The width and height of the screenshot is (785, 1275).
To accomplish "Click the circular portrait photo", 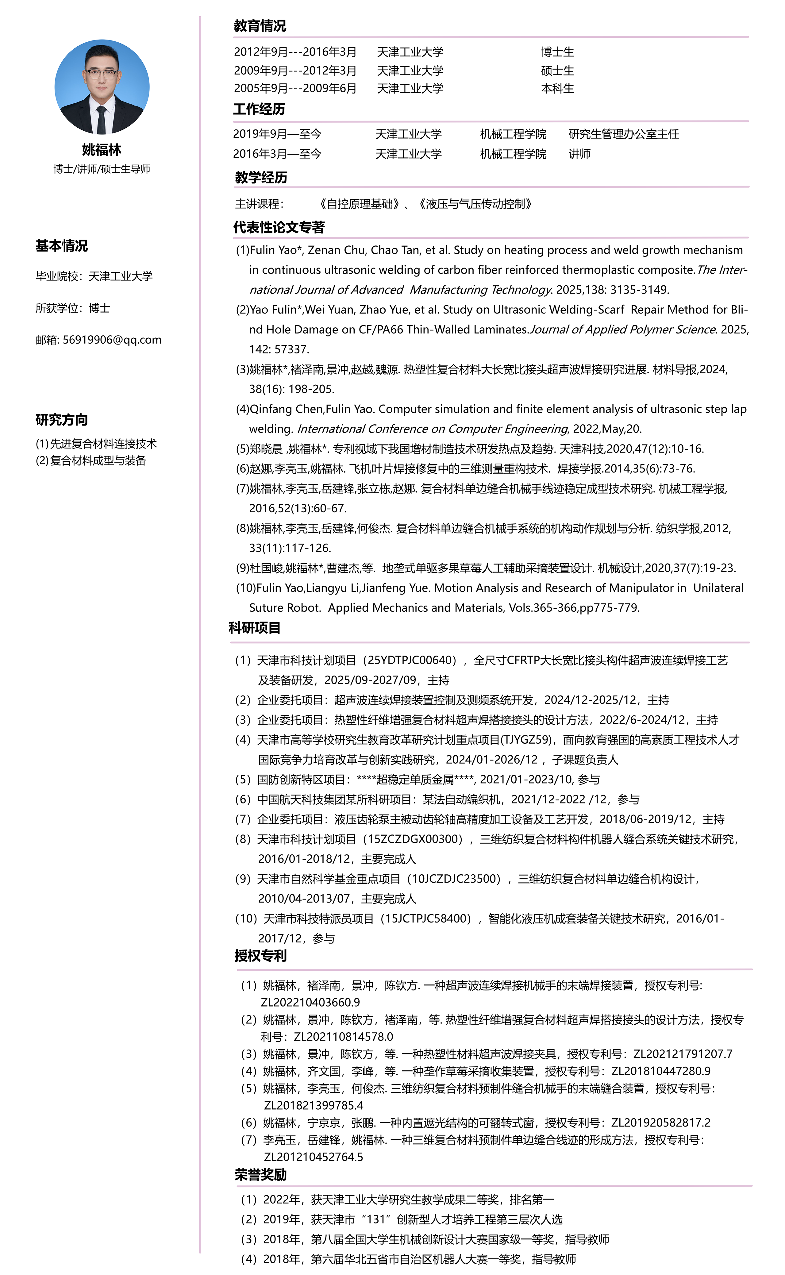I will (102, 87).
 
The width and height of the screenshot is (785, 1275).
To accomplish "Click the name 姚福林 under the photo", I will (102, 150).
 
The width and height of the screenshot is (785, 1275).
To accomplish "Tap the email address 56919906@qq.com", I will (112, 340).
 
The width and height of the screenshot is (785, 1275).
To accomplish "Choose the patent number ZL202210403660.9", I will (310, 1003).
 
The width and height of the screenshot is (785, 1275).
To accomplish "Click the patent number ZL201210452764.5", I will (314, 1157).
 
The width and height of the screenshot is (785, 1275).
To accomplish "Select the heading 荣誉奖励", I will (261, 1175).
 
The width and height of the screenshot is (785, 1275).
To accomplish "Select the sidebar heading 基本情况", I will (61, 246).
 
